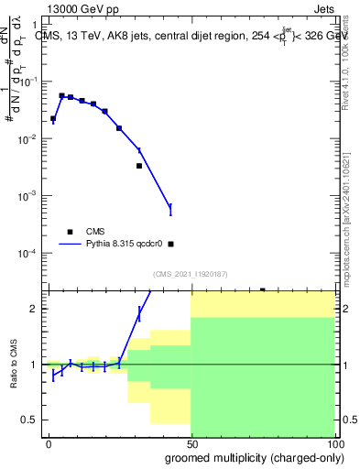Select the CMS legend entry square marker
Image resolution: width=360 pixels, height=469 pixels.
tap(70, 232)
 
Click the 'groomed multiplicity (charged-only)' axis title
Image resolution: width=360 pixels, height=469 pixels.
tap(250, 457)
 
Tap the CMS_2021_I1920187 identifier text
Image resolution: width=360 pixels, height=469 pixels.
tap(190, 274)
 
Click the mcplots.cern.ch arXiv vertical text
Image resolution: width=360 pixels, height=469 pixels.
tap(348, 211)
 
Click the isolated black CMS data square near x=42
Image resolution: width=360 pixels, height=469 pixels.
tap(170, 244)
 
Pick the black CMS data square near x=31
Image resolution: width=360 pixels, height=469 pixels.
tap(139, 166)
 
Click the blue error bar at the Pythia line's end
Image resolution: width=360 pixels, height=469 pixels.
tap(170, 210)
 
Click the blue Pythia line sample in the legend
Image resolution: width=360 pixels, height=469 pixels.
tap(70, 245)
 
